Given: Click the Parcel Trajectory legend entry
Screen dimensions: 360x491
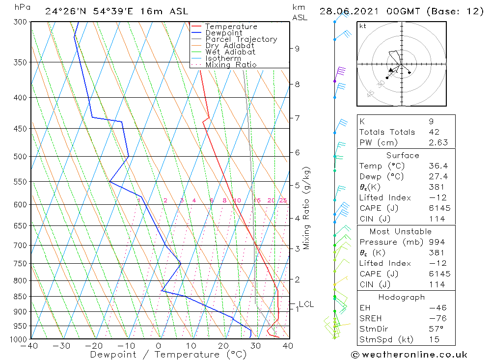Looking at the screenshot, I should click(x=241, y=39).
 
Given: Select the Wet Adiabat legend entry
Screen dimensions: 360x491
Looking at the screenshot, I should click(x=230, y=52).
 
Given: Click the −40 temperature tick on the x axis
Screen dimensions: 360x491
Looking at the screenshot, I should click(x=30, y=346).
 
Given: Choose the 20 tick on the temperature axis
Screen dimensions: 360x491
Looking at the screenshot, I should click(x=223, y=346).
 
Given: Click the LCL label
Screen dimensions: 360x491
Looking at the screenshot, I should click(x=306, y=305).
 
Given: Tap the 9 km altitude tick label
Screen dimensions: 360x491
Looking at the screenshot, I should click(x=297, y=48).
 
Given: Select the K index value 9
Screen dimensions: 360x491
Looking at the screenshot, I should click(x=430, y=121).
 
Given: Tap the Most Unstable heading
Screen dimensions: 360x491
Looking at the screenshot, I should click(x=400, y=231).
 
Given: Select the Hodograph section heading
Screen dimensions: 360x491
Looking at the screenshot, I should click(x=401, y=297).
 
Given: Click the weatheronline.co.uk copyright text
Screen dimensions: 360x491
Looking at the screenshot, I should click(x=409, y=355).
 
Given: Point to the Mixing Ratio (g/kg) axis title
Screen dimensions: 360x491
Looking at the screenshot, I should click(x=307, y=208).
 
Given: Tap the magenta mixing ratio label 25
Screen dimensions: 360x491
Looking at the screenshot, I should click(x=283, y=200).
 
